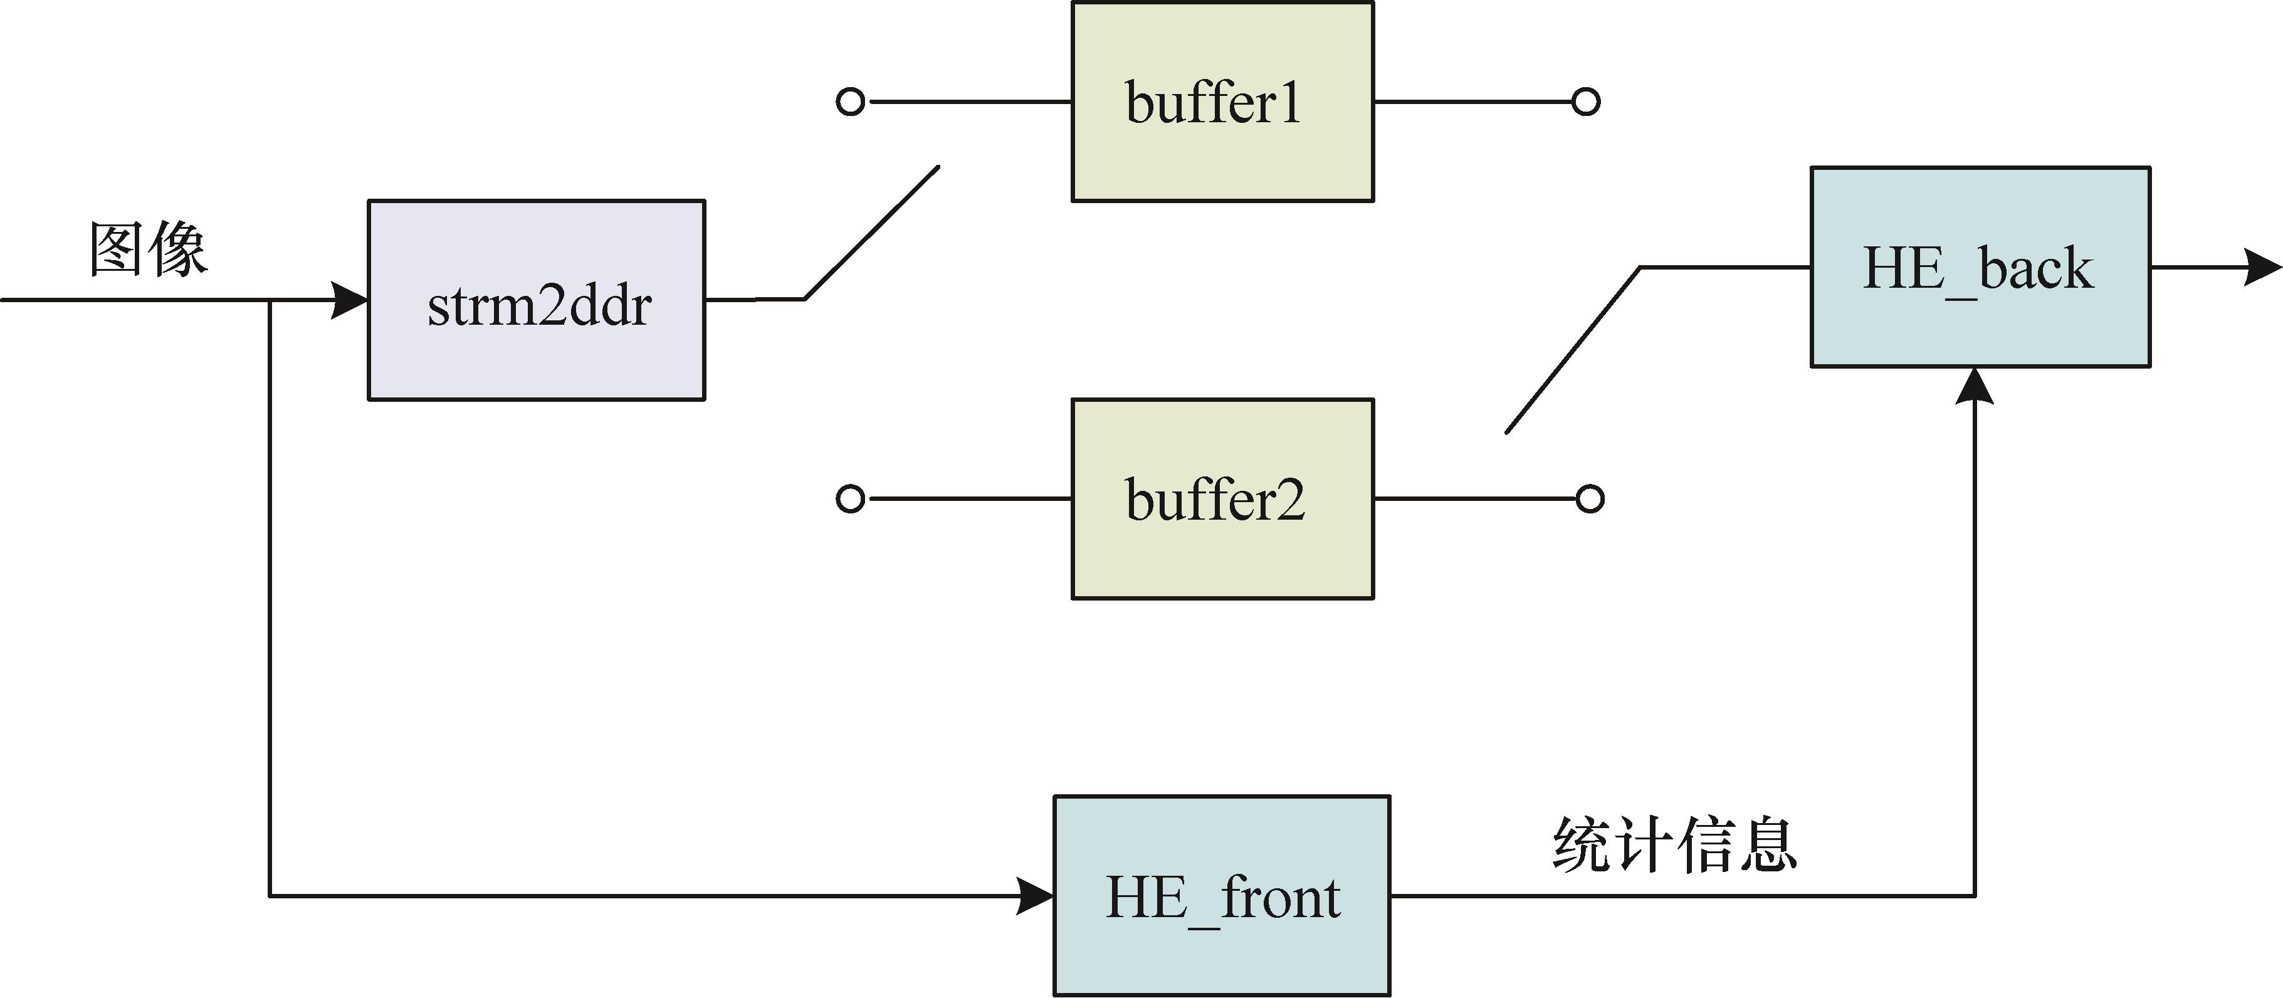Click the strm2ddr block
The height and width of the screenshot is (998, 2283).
click(x=536, y=300)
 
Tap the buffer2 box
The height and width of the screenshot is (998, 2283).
click(x=1222, y=499)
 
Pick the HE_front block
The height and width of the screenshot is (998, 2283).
click(x=1221, y=895)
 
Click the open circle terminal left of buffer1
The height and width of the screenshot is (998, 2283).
click(x=850, y=102)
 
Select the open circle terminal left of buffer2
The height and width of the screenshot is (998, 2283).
click(x=850, y=499)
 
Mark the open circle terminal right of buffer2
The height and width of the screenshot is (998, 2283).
click(x=1590, y=499)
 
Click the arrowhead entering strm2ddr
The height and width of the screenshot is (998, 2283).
click(x=350, y=300)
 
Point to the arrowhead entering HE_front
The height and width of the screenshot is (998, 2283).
click(x=1035, y=896)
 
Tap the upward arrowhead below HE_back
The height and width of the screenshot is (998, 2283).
click(x=1975, y=386)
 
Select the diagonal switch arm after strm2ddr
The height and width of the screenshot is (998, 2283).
click(x=871, y=232)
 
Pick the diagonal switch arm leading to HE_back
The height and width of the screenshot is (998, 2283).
click(x=1573, y=349)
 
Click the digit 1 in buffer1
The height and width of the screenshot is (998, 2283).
click(x=1289, y=103)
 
